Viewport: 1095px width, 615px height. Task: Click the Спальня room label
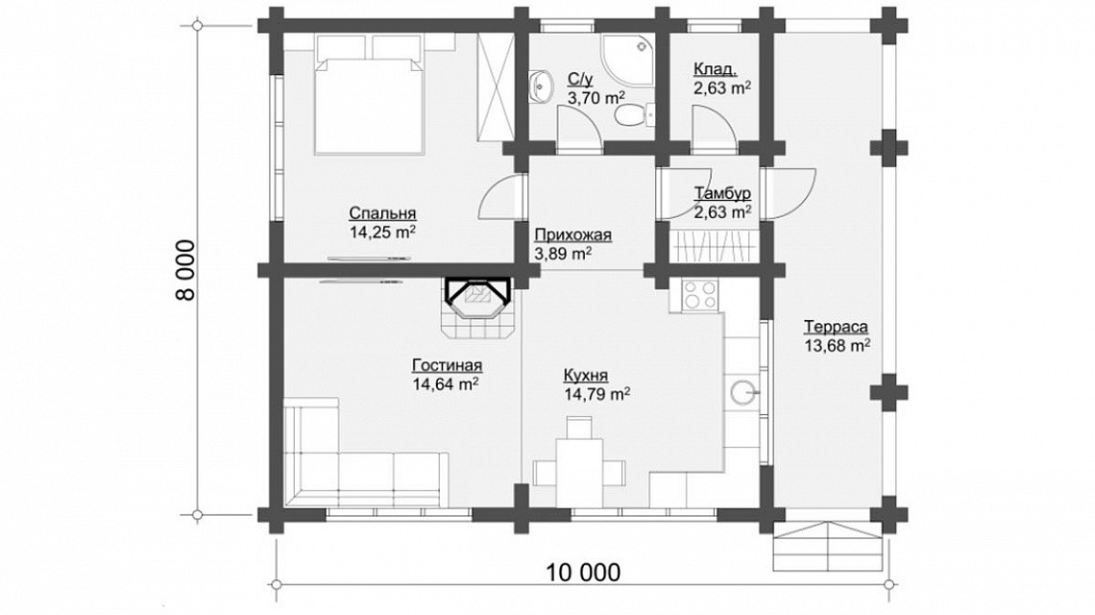382,213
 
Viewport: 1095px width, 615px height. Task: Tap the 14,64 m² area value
445,383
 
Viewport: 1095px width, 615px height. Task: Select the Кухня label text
585,376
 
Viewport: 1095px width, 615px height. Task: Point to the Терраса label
836,327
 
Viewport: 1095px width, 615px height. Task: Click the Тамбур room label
722,193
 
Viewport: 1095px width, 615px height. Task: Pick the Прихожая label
572,234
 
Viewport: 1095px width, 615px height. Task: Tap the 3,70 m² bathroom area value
596,97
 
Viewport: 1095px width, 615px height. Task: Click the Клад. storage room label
715,69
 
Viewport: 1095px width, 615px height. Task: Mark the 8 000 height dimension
185,270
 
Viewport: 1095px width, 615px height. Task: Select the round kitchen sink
743,392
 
